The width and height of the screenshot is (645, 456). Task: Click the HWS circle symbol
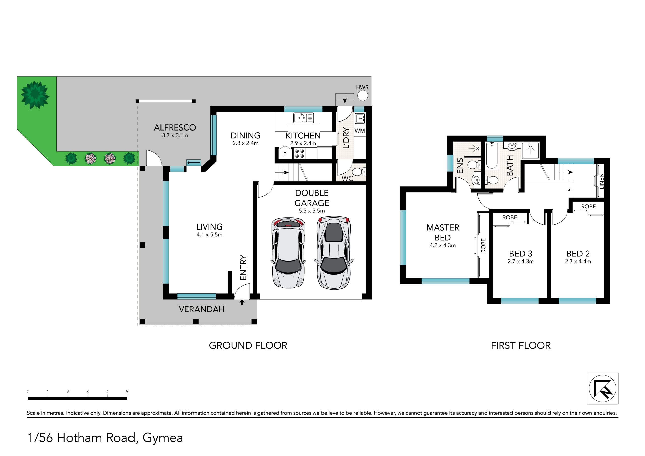[362, 96]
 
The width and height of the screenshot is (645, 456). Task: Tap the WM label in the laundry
[360, 131]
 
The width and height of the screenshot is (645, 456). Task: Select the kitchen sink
[303, 118]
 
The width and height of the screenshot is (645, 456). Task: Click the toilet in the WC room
[359, 171]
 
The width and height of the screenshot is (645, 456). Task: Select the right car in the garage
[334, 253]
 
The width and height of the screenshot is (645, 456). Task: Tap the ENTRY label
[243, 268]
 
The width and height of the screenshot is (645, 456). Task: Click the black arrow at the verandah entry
[242, 302]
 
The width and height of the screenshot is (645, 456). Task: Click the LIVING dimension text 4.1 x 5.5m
[209, 235]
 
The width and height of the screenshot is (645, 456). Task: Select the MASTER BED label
[443, 232]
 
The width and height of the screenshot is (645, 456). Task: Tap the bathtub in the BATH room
[492, 155]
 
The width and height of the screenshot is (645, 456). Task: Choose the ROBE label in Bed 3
[510, 217]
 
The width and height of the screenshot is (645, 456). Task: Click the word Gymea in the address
[163, 438]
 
